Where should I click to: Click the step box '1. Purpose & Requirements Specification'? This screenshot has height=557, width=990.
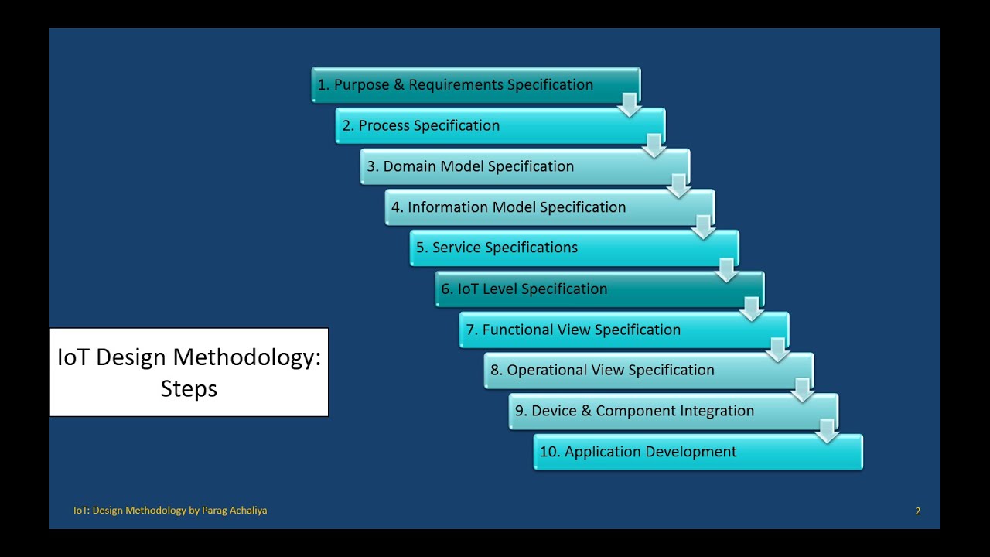(476, 84)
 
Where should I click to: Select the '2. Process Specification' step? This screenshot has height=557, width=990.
(500, 125)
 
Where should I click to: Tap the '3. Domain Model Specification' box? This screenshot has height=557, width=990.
(525, 166)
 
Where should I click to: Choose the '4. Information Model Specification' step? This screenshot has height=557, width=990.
(550, 207)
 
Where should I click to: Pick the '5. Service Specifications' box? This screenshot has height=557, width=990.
(575, 248)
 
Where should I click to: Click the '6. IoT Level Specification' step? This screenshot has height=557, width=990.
(599, 289)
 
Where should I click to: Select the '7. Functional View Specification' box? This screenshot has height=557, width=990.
(624, 330)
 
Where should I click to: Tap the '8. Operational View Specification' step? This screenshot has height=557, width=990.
(649, 370)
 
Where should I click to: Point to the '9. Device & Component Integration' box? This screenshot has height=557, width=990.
(674, 411)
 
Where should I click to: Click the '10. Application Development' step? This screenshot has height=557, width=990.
(698, 452)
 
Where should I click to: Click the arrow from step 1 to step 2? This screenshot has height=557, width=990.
(630, 105)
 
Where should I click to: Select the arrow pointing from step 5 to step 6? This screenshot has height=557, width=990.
(726, 270)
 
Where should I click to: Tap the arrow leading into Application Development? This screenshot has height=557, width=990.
(827, 432)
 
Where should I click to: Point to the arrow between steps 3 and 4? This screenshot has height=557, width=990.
(678, 186)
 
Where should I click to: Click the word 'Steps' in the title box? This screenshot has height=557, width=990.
(189, 389)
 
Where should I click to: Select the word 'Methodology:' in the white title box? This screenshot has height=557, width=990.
(247, 358)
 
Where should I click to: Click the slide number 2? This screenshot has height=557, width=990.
(918, 511)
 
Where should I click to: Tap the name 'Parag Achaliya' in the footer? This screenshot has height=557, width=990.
(234, 511)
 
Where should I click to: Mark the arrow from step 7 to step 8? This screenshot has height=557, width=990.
(777, 350)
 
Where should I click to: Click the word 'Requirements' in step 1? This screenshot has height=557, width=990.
(456, 85)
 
